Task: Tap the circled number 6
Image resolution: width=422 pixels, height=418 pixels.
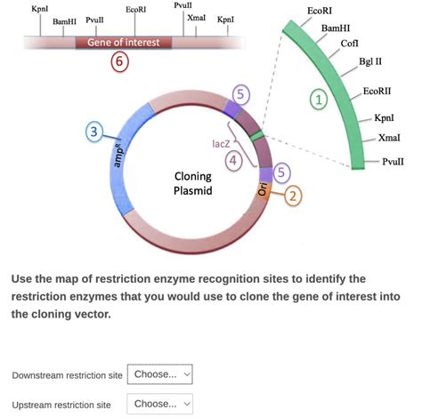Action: coord(121,61)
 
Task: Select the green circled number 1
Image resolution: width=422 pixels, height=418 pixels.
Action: coord(317,100)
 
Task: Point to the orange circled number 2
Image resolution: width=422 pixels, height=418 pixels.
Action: coord(293,196)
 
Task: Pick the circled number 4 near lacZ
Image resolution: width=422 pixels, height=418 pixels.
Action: coord(233,160)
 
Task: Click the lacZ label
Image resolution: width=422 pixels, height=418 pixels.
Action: coord(223,142)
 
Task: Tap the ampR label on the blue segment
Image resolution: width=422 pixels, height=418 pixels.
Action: coord(121,157)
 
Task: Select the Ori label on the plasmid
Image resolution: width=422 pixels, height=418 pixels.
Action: coord(263,190)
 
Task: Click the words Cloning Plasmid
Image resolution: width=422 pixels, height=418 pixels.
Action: coord(192,183)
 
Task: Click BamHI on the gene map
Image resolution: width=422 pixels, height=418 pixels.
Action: coord(65,20)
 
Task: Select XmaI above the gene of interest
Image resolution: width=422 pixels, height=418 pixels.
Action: coord(197,18)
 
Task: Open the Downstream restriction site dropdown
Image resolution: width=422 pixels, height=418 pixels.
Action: coord(160,374)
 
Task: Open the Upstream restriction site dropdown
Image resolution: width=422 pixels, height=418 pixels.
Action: coord(160,404)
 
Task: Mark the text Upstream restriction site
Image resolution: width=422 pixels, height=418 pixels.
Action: coord(61,405)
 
